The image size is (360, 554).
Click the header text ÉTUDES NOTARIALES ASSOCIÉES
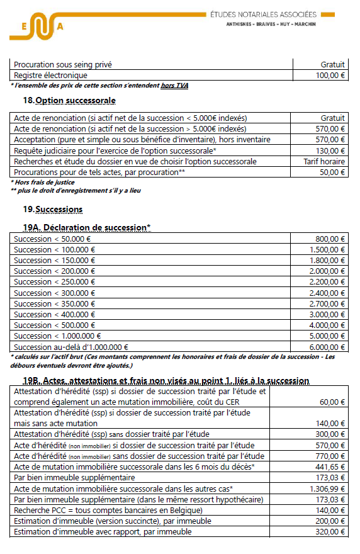271,14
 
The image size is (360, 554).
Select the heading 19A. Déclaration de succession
87,227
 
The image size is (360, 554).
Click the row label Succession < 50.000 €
52,239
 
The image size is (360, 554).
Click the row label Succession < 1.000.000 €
57,336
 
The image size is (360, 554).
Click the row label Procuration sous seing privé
64,64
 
